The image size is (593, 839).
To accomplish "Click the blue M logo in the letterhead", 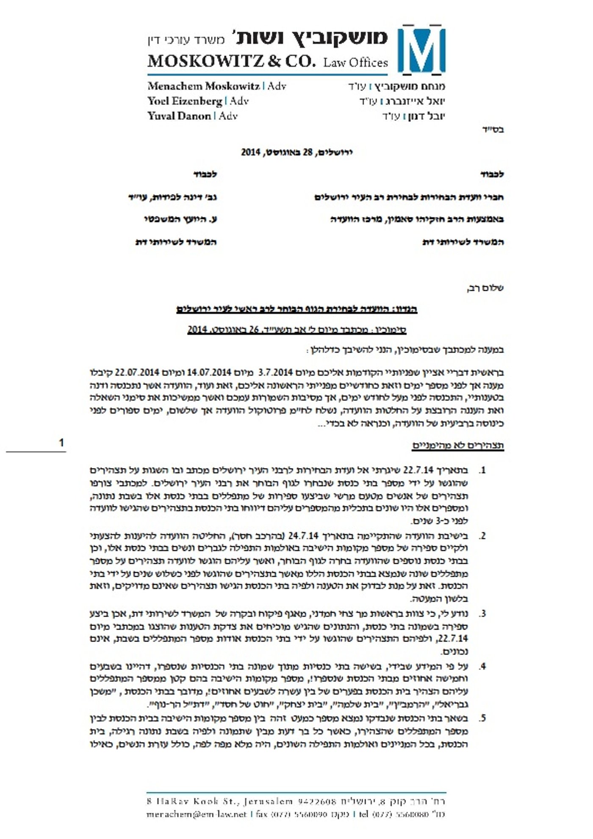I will pyautogui.click(x=422, y=49).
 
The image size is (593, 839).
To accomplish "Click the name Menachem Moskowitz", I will pyautogui.click(x=203, y=86).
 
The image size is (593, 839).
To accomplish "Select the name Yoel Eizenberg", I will pyautogui.click(x=185, y=101).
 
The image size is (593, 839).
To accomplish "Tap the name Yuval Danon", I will pyautogui.click(x=179, y=116).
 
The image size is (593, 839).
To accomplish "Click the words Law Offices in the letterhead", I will pyautogui.click(x=355, y=63).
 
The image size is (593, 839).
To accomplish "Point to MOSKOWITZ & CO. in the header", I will pyautogui.click(x=232, y=62).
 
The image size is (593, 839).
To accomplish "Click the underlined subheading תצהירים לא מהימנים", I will pyautogui.click(x=458, y=446).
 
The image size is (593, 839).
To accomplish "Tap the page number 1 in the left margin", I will pyautogui.click(x=61, y=443).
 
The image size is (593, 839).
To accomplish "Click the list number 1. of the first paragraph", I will pyautogui.click(x=482, y=471).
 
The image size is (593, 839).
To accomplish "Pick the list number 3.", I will pyautogui.click(x=482, y=614).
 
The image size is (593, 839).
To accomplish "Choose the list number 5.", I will pyautogui.click(x=482, y=719).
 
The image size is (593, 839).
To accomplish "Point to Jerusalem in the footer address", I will pyautogui.click(x=266, y=801).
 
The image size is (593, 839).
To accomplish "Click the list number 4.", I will pyautogui.click(x=482, y=666).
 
